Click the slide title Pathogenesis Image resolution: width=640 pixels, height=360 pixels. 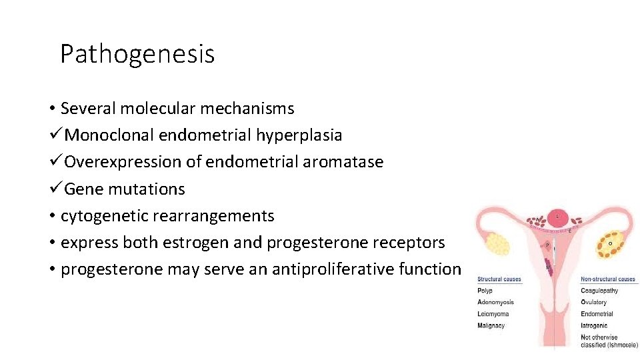(137, 54)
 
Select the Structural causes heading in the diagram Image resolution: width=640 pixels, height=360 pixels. (499, 279)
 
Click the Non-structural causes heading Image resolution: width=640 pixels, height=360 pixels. (608, 279)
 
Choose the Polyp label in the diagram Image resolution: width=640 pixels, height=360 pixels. (485, 291)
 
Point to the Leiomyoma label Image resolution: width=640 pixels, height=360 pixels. (493, 314)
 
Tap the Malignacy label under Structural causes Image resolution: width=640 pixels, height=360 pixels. (491, 326)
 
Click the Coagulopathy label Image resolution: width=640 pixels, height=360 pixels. (599, 291)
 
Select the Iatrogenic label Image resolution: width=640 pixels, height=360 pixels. (595, 326)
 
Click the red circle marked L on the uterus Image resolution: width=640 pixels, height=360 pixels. (558, 217)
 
